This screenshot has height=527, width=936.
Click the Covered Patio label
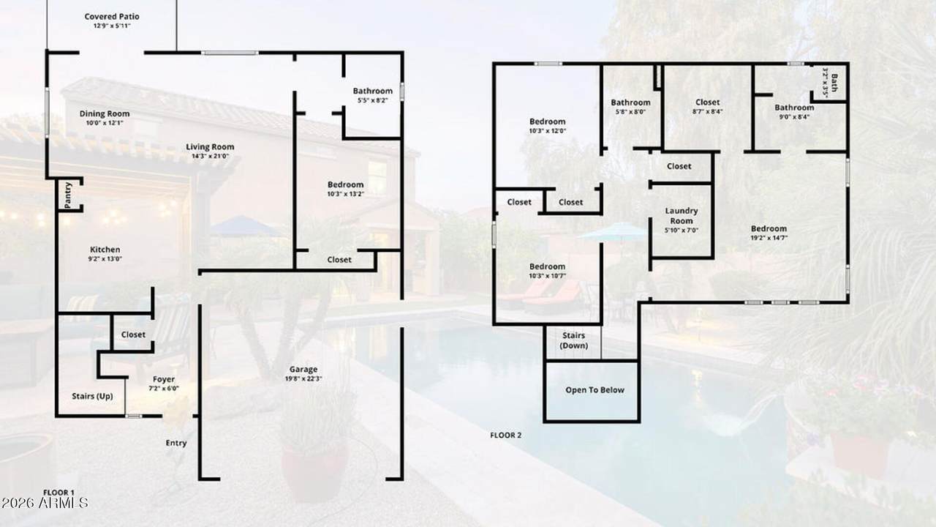click(112, 17)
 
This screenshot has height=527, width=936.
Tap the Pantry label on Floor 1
click(68, 195)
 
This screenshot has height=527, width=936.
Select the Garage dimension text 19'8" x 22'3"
click(303, 379)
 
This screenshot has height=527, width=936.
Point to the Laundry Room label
click(682, 216)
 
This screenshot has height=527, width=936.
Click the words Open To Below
click(595, 390)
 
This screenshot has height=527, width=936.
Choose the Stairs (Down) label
click(574, 340)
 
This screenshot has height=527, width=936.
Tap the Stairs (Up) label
click(92, 396)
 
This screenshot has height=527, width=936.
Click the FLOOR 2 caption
click(505, 435)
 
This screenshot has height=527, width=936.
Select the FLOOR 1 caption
click(58, 493)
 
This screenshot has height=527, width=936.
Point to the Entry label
click(176, 443)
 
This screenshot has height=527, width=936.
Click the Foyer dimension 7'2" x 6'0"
click(164, 388)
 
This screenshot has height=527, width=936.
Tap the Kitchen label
click(105, 250)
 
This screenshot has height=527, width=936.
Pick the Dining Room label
click(105, 113)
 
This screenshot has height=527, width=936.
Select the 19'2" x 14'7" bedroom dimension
click(769, 238)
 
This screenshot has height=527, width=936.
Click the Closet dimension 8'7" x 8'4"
click(707, 112)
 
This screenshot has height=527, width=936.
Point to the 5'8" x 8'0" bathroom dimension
click(630, 112)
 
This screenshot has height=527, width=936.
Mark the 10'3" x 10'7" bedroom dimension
click(548, 276)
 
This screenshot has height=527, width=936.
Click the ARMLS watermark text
click(45, 503)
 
